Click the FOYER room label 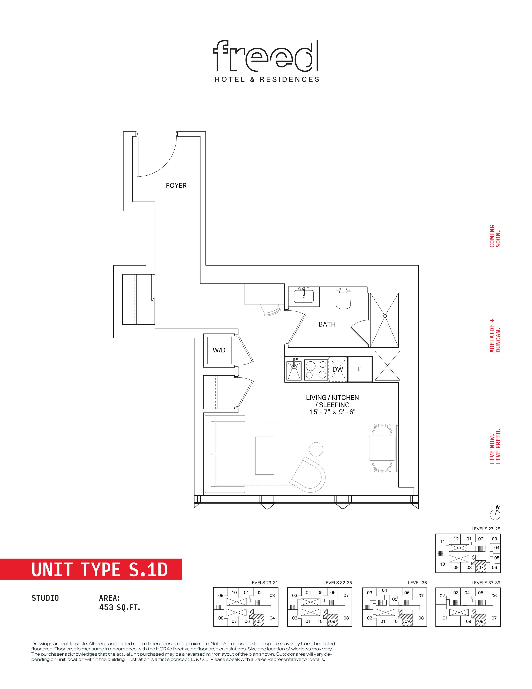176,185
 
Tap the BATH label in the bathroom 327,324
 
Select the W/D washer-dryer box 219,350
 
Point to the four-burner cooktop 316,369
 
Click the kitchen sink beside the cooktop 294,370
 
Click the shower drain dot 385,316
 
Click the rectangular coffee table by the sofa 265,455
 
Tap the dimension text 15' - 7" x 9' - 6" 333,412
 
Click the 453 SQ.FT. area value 120,607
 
